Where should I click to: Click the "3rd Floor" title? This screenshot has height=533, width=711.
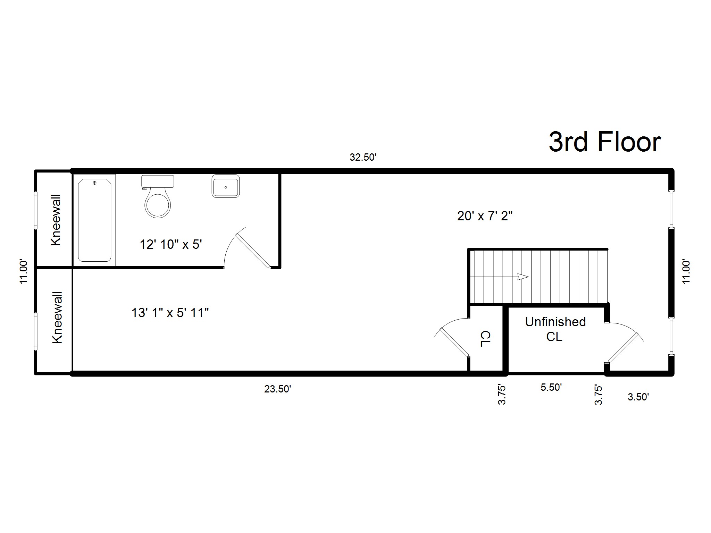[x=604, y=142]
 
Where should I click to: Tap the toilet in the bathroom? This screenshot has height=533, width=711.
[x=158, y=197]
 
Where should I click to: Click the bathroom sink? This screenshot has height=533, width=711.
[x=226, y=186]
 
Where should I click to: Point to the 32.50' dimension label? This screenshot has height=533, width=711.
[x=363, y=158]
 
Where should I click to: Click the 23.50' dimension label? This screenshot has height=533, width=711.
[x=277, y=389]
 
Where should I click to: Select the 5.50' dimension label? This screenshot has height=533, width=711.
[x=551, y=387]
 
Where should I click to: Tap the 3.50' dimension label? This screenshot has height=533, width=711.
[x=638, y=397]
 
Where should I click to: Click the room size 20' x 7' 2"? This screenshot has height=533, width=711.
[x=485, y=216]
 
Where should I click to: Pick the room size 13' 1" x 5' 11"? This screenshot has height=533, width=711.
[x=170, y=313]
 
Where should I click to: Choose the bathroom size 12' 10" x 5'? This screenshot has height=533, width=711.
[x=171, y=244]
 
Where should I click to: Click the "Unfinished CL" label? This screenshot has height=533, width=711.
[x=555, y=329]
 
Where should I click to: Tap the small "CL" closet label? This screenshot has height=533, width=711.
[x=485, y=339]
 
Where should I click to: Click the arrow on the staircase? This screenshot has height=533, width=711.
[x=522, y=277]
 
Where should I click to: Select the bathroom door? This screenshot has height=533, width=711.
[x=252, y=251]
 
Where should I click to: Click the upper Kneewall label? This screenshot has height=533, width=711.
[x=56, y=220]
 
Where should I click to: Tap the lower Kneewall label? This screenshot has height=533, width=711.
[x=57, y=318]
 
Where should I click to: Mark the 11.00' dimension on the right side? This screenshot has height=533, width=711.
[x=686, y=271]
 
